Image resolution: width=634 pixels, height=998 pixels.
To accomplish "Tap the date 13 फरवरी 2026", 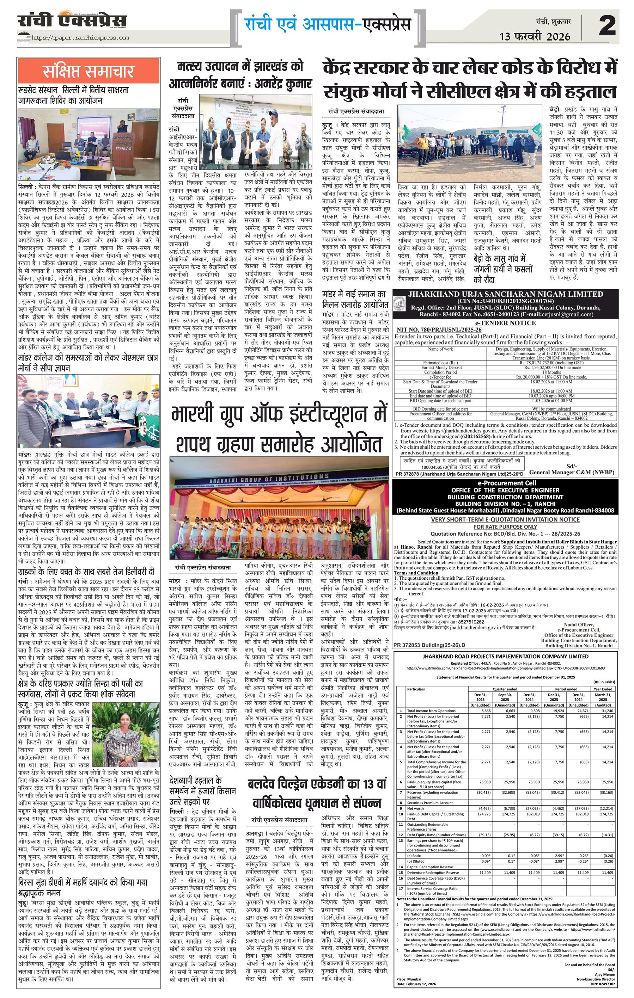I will pyautogui.click(x=535, y=36).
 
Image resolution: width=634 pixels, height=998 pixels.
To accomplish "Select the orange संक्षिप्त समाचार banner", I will pyautogui.click(x=88, y=71).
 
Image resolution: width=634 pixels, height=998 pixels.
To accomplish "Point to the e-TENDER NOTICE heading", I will pyautogui.click(x=505, y=323).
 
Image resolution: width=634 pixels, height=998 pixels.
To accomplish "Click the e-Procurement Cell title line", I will pyautogui.click(x=505, y=483).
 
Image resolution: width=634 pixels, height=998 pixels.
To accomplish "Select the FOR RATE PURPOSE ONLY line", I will pyautogui.click(x=505, y=527).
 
